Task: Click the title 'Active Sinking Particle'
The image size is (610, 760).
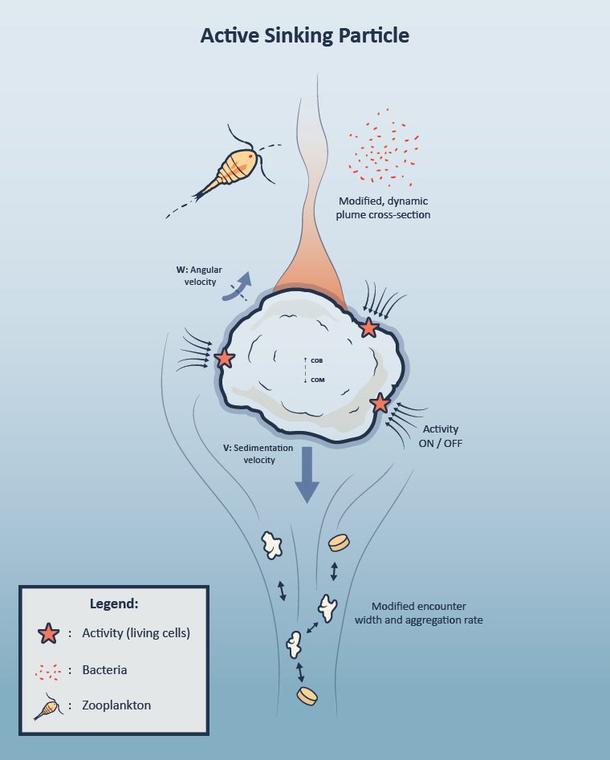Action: click(304, 36)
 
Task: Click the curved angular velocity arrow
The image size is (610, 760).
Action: click(239, 288)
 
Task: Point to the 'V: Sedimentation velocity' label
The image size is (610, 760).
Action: click(258, 453)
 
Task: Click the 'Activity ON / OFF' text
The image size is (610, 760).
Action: click(442, 436)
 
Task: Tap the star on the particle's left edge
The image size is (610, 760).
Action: click(225, 359)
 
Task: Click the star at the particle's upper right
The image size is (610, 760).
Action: click(368, 327)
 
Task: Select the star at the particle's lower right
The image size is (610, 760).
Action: click(380, 403)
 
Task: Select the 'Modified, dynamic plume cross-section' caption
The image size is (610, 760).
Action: click(385, 208)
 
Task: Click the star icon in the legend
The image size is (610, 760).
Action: click(48, 633)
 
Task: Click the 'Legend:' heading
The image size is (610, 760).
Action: click(114, 604)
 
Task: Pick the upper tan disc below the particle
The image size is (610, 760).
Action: click(340, 543)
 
